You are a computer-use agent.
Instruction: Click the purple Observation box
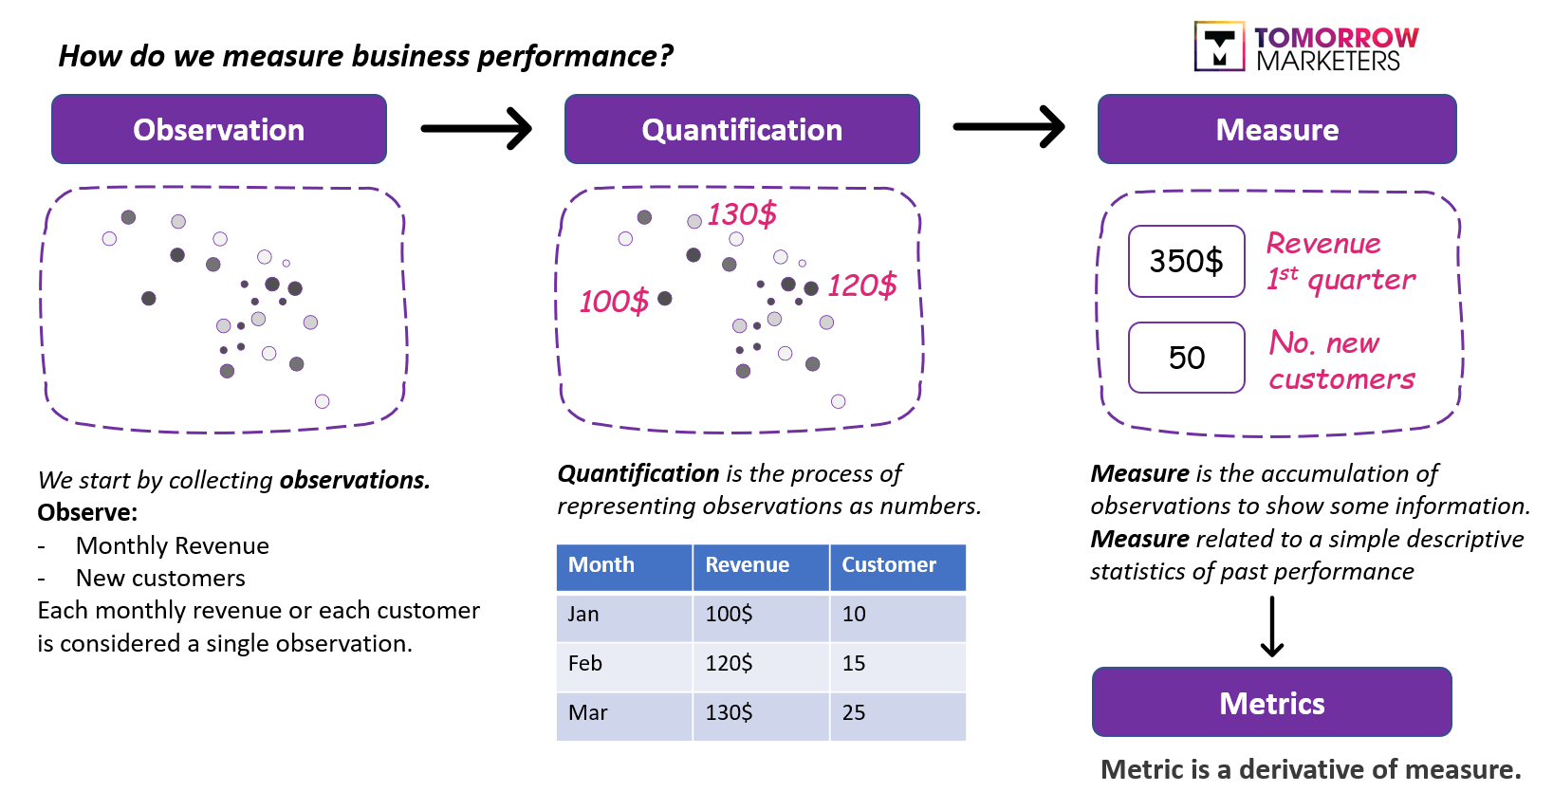point(219,129)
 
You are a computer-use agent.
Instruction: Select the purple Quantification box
point(742,129)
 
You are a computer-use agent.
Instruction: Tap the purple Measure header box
point(1277,129)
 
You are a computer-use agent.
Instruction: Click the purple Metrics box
point(1271,703)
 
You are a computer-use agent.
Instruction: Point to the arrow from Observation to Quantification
point(476,128)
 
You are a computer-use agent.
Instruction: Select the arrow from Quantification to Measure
point(1008,127)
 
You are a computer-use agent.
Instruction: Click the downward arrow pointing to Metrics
point(1272,626)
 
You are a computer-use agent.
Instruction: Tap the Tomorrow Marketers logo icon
point(1219,46)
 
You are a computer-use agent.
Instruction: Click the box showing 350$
point(1186,261)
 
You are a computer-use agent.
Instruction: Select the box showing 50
point(1186,358)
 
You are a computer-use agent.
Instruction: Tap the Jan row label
point(583,615)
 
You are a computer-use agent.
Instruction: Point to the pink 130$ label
point(742,214)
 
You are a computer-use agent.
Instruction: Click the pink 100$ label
point(614,302)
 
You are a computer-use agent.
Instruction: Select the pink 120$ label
point(861,285)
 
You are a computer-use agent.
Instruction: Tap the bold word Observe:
point(87,513)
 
